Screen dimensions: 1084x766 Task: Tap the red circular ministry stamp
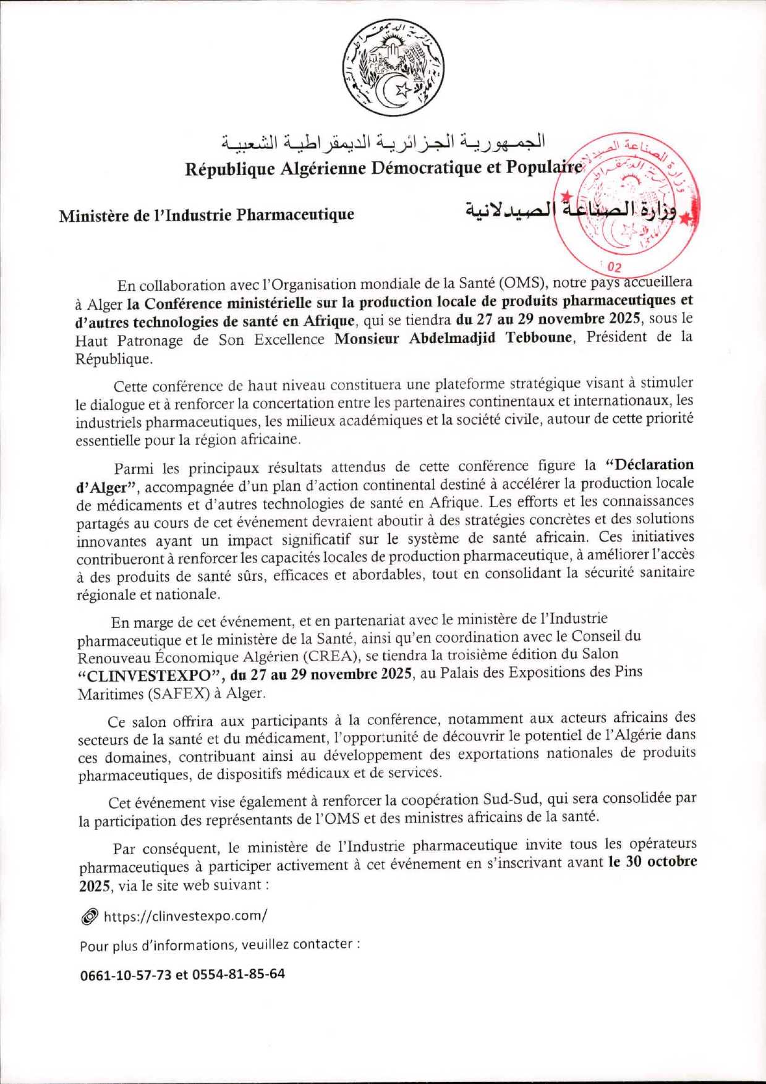point(626,201)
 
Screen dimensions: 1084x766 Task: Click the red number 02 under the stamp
point(615,268)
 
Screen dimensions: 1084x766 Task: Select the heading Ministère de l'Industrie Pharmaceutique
point(206,215)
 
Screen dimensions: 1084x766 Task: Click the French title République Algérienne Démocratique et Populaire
point(383,168)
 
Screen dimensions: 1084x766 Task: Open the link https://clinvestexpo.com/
point(185,916)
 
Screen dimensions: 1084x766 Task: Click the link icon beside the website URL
point(89,917)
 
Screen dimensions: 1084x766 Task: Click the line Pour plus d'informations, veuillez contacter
point(219,945)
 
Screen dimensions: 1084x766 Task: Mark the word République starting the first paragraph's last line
point(113,359)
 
